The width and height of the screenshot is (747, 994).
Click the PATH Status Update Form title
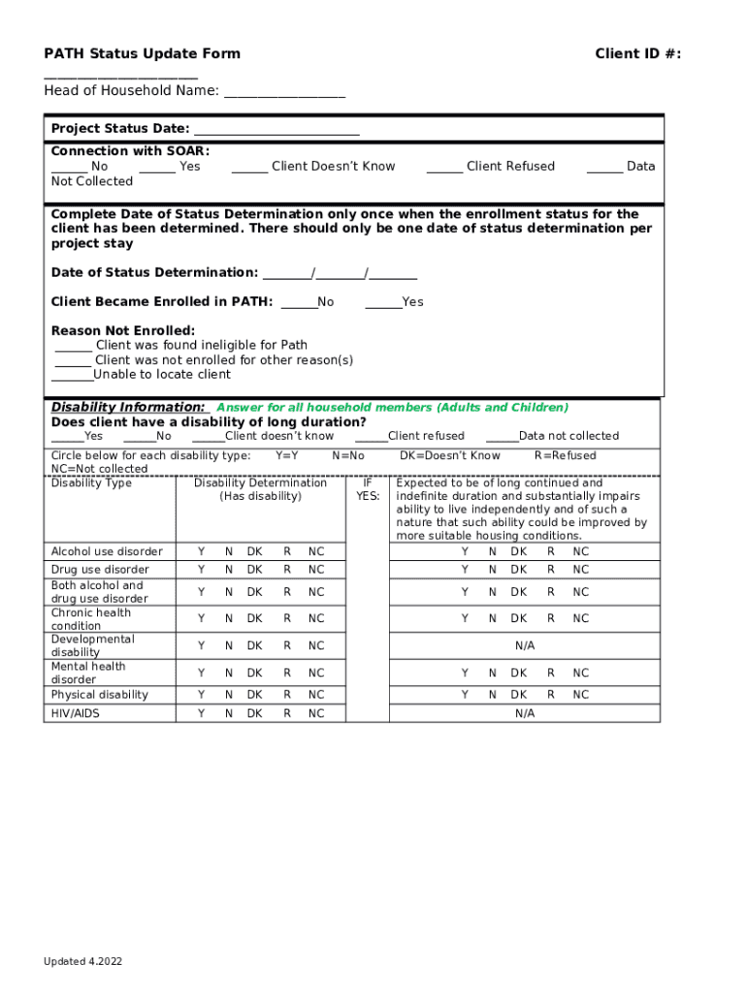tap(142, 53)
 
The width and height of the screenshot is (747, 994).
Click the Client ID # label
tap(637, 53)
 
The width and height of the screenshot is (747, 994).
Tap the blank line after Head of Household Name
tap(283, 92)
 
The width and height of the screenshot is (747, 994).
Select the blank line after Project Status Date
tap(276, 130)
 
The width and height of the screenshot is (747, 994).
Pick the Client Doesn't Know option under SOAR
tap(313, 167)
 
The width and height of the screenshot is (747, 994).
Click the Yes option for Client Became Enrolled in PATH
tap(394, 302)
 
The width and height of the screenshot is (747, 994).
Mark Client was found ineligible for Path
tap(181, 346)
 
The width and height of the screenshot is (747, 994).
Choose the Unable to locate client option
tap(141, 375)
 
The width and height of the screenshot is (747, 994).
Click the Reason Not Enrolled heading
tap(123, 331)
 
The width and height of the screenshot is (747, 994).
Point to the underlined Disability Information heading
tap(128, 408)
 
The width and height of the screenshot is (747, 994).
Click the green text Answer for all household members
tap(392, 408)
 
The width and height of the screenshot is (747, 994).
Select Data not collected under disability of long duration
tap(552, 436)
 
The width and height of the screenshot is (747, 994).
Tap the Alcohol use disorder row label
tap(107, 551)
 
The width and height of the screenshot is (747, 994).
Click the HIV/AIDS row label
tap(76, 713)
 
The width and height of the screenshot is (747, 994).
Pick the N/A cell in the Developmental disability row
tap(525, 646)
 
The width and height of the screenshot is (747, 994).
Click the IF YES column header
tap(368, 489)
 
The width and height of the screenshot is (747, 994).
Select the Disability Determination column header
tap(260, 489)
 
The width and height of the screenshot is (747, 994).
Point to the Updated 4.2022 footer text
tap(82, 962)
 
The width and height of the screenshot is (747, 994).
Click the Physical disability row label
tap(100, 695)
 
